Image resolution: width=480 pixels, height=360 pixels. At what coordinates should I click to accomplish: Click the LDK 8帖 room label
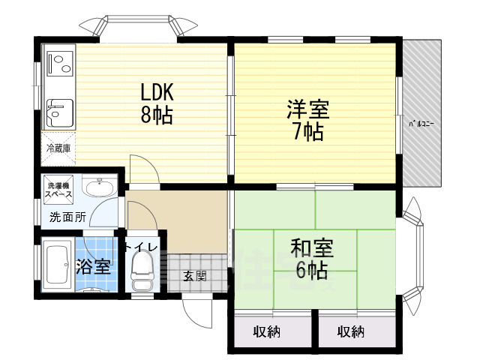click(157, 103)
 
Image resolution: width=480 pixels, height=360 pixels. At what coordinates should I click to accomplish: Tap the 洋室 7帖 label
click(307, 120)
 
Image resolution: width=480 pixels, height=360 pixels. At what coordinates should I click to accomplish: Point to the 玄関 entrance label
click(193, 274)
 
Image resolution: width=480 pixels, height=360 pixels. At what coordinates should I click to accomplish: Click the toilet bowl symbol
click(140, 271)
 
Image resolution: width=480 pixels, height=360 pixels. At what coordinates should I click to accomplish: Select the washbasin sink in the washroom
click(97, 188)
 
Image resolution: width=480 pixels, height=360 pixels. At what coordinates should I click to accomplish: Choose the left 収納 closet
click(268, 331)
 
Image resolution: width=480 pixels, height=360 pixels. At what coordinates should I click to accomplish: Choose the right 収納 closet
click(351, 331)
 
